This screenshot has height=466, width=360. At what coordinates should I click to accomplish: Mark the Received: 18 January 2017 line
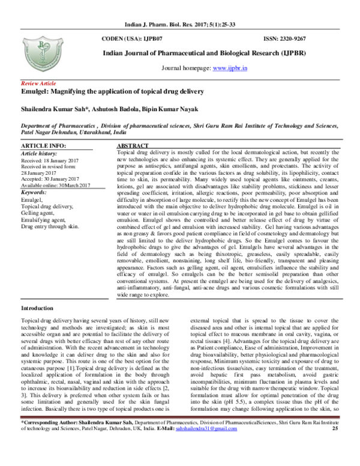click(x=51, y=160)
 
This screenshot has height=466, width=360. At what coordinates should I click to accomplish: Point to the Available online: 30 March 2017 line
click(x=58, y=184)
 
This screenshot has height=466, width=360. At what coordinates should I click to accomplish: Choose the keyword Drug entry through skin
click(x=50, y=226)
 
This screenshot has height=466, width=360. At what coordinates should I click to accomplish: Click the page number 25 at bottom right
click(x=335, y=446)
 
